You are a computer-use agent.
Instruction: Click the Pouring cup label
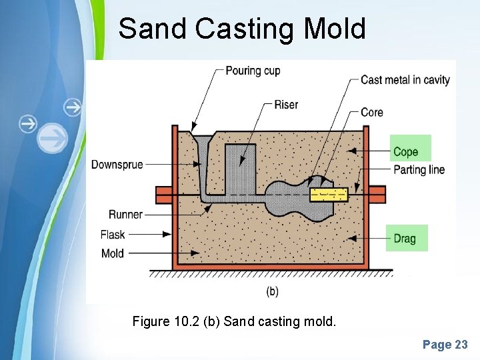tap(253, 71)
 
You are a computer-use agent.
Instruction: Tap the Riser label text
tap(286, 105)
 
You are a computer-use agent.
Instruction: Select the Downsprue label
tap(117, 164)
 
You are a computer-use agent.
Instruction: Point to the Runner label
tap(126, 215)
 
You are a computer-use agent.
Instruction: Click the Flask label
tap(113, 235)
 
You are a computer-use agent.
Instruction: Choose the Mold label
tap(113, 253)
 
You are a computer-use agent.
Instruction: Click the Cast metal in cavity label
tap(405, 80)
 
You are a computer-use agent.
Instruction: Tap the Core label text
tap(372, 112)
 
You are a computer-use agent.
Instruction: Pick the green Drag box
tap(407, 238)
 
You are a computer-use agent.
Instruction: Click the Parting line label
tap(419, 169)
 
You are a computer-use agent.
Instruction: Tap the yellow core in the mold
tap(329, 195)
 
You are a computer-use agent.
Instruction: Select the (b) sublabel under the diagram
tap(273, 291)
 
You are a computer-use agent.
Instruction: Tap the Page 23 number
tap(445, 345)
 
